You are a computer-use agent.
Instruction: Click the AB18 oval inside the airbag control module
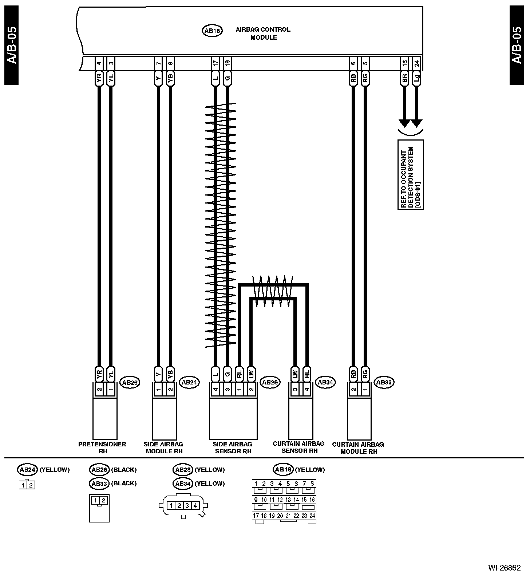click(212, 31)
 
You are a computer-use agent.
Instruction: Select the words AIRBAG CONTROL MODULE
click(263, 33)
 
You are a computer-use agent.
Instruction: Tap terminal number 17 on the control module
click(215, 63)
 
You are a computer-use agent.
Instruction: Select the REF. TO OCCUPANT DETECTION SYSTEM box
click(411, 175)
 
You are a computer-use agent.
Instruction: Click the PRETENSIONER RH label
click(102, 447)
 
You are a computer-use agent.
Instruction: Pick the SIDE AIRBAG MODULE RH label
click(164, 447)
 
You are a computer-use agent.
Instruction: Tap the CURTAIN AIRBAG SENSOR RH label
click(298, 447)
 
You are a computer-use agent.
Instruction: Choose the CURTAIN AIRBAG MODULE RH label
click(358, 448)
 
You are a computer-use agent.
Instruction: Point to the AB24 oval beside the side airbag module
click(189, 382)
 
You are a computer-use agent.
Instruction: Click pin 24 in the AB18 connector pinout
click(312, 516)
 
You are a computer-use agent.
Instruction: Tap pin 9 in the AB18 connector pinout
click(256, 500)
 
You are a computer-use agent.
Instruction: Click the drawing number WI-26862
click(504, 568)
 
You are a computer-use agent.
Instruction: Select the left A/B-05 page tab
click(11, 46)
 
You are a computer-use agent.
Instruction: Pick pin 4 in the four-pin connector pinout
click(195, 505)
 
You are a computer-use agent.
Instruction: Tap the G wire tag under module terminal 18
click(228, 79)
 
